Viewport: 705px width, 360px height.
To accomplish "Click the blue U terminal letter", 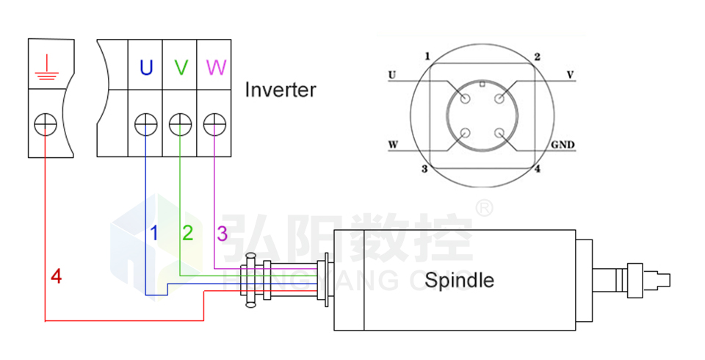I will (x=146, y=68).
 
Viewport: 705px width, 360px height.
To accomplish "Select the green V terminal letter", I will (x=181, y=68).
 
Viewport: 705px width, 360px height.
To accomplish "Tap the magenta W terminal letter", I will (x=216, y=68).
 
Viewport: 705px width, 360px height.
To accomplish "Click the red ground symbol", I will (x=45, y=68).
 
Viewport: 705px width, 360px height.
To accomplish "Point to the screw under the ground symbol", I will (x=45, y=124).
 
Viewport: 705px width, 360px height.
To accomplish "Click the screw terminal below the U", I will (x=145, y=124).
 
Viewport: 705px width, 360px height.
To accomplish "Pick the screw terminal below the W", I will (x=214, y=124).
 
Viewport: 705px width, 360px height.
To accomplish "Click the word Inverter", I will (x=280, y=90).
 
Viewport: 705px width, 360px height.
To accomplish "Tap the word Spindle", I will (x=459, y=280).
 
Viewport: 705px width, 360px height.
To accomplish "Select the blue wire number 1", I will (x=154, y=234).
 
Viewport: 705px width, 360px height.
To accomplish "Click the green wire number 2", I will (x=188, y=234).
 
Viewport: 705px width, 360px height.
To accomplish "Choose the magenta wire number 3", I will (x=222, y=234).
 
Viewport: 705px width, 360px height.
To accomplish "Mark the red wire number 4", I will (x=56, y=277).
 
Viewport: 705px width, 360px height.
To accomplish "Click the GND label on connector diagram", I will (x=562, y=145).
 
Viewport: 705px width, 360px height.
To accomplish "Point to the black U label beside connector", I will (x=392, y=75).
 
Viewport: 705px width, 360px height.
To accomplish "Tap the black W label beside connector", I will (x=393, y=145).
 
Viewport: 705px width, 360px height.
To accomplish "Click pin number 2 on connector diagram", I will (x=537, y=57).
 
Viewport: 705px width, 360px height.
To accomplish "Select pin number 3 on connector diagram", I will (x=424, y=169).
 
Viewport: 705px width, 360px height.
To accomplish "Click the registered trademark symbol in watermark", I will (x=484, y=208).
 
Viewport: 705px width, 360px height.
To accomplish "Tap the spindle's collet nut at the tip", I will (x=637, y=280).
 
